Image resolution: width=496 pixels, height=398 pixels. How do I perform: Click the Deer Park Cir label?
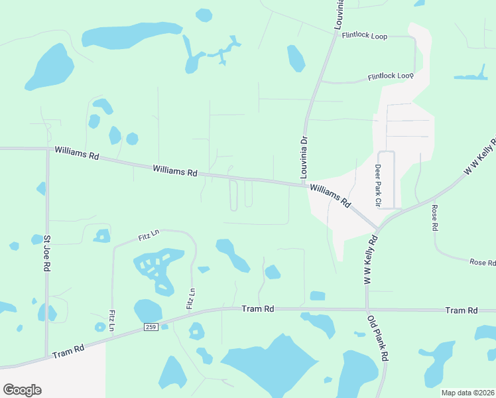coord(379,186)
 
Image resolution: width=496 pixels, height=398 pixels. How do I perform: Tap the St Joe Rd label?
coord(47,253)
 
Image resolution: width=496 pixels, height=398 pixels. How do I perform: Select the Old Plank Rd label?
coord(379,338)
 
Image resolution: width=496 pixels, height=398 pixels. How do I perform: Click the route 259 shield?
coord(151,327)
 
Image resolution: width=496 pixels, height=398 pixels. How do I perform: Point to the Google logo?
coord(22,389)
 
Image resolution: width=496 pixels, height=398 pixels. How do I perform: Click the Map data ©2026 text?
coord(467,393)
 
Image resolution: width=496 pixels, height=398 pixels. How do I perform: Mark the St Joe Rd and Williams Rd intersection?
coord(48,149)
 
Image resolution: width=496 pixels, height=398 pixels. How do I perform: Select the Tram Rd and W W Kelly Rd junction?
coord(367,310)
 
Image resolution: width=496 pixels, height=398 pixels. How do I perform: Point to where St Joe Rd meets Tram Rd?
coord(46,356)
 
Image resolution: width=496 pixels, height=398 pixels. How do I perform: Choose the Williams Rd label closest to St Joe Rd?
coord(77,154)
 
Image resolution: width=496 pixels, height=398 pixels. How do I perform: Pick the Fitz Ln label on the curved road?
coord(149,234)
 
